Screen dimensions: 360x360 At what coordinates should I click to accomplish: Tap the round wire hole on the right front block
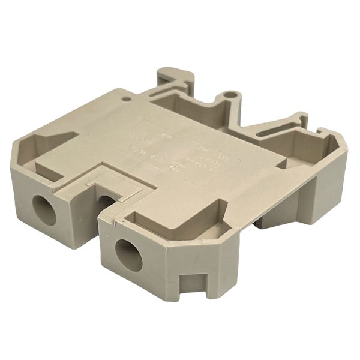(x=128, y=255)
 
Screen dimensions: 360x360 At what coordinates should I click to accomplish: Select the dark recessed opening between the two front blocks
(x=107, y=204)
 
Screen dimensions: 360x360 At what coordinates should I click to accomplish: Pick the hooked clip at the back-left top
(x=175, y=79)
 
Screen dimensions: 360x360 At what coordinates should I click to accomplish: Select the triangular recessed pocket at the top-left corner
(x=48, y=145)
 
